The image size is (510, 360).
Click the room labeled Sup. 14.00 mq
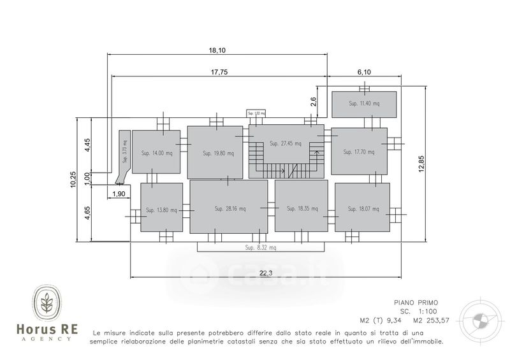(x=156, y=153)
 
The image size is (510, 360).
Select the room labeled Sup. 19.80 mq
(x=215, y=153)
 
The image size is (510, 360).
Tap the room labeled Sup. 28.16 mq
(x=228, y=208)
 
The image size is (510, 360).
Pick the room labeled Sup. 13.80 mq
(x=161, y=210)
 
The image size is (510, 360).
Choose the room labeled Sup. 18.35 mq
(x=301, y=208)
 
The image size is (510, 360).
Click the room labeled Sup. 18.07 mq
(x=361, y=208)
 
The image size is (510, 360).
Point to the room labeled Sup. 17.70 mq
(x=359, y=152)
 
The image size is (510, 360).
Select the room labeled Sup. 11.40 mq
(x=364, y=104)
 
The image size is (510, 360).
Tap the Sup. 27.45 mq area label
(x=285, y=144)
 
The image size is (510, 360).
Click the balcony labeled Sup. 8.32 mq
(x=261, y=247)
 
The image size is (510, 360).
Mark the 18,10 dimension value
(x=217, y=50)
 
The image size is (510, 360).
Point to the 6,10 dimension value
(x=363, y=72)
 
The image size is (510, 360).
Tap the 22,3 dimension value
(x=266, y=273)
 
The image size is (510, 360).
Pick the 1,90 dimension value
(x=119, y=194)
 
